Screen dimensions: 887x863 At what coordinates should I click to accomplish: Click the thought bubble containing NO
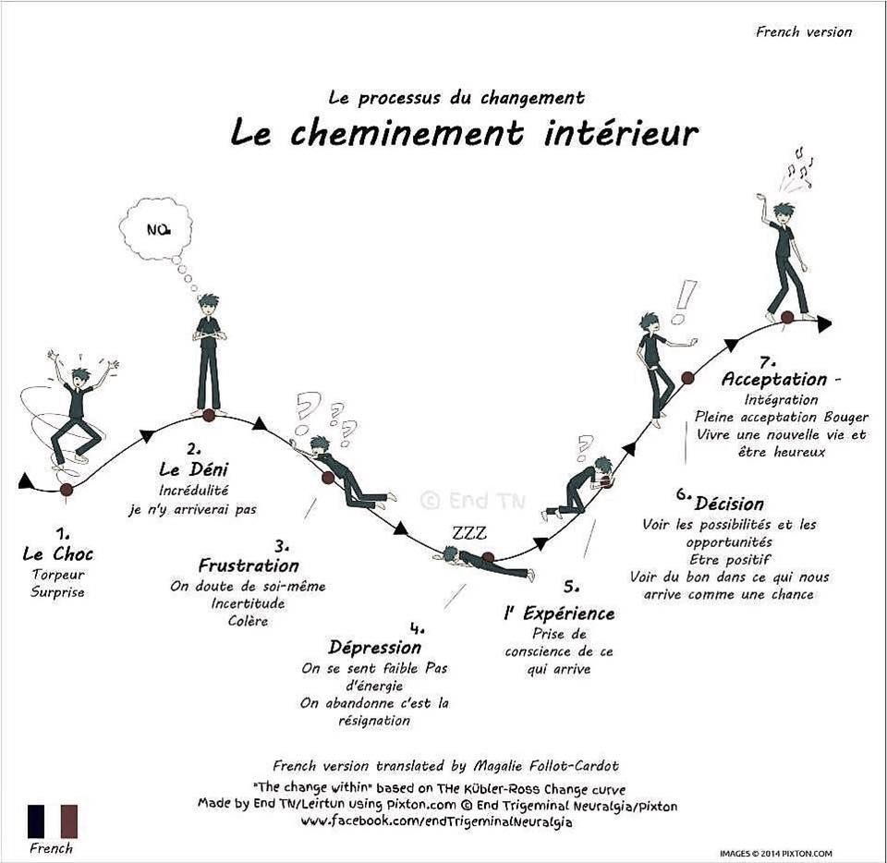pyautogui.click(x=155, y=226)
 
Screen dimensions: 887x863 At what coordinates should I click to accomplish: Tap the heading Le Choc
pyautogui.click(x=57, y=553)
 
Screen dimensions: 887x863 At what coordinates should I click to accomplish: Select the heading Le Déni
pyautogui.click(x=193, y=468)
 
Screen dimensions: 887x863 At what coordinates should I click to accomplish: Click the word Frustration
pyautogui.click(x=249, y=565)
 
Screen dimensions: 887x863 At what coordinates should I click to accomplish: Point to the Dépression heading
pyautogui.click(x=374, y=648)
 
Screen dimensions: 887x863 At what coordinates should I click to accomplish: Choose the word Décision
pyautogui.click(x=729, y=504)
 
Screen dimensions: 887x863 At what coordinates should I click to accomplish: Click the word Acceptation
pyautogui.click(x=774, y=379)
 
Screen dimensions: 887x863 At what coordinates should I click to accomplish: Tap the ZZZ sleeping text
pyautogui.click(x=469, y=533)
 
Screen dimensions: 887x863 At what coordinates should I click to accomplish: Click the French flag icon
pyautogui.click(x=53, y=821)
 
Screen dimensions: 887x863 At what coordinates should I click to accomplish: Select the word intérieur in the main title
pyautogui.click(x=621, y=133)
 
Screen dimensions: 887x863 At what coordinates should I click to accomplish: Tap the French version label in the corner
pyautogui.click(x=803, y=31)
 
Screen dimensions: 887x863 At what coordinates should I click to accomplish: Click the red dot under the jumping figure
pyautogui.click(x=67, y=489)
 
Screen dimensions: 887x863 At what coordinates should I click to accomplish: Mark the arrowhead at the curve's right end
pyautogui.click(x=825, y=324)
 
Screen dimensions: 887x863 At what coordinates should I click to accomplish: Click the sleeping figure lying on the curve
pyautogui.click(x=487, y=563)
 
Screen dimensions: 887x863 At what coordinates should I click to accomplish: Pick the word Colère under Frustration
pyautogui.click(x=248, y=621)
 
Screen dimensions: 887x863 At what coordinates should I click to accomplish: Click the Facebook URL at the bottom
pyautogui.click(x=435, y=821)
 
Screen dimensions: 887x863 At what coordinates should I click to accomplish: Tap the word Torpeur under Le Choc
pyautogui.click(x=58, y=575)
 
